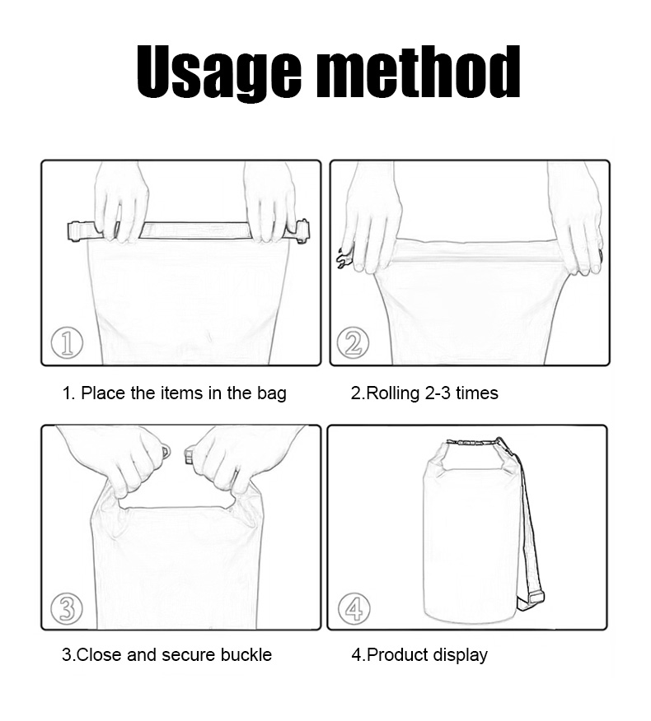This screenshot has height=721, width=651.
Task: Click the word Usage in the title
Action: tap(219, 73)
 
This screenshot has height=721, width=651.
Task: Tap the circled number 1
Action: tap(67, 343)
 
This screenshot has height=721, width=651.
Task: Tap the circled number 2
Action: tap(354, 343)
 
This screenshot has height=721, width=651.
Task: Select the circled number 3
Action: tap(67, 608)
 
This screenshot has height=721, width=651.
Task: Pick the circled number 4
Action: tap(354, 608)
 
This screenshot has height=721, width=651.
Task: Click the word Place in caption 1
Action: tap(104, 393)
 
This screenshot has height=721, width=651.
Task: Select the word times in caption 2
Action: tap(476, 393)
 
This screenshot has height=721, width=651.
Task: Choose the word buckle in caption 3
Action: tap(246, 654)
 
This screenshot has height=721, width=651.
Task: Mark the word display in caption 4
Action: tap(460, 655)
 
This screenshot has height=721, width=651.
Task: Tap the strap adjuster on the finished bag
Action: tap(531, 598)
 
